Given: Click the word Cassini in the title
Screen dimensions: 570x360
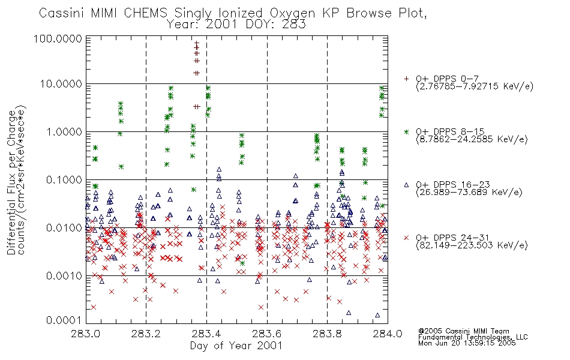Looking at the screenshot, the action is (62, 13).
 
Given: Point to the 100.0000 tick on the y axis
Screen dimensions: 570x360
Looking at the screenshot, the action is (58, 38).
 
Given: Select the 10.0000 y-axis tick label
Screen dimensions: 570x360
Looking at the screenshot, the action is (61, 84).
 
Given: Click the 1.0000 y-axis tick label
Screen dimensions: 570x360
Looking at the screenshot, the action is (64, 132).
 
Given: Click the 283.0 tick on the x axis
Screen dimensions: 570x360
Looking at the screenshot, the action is (86, 334).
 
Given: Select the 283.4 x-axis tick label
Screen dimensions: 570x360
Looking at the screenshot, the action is (206, 334).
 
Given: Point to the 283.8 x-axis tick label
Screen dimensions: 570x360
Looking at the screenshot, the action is (327, 334).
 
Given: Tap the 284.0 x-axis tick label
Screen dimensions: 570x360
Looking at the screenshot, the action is (388, 334).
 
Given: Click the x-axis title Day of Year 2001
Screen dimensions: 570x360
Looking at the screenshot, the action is (236, 346).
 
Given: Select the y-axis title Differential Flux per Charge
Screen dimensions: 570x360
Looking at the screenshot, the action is (11, 182).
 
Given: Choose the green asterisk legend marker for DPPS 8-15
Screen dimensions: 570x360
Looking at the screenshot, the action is (406, 131).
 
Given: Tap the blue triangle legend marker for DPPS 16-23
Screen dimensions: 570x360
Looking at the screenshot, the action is (406, 185).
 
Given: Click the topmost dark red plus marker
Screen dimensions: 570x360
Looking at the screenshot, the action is (197, 43).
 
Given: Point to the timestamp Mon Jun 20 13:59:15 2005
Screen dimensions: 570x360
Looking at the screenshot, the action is (467, 343).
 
